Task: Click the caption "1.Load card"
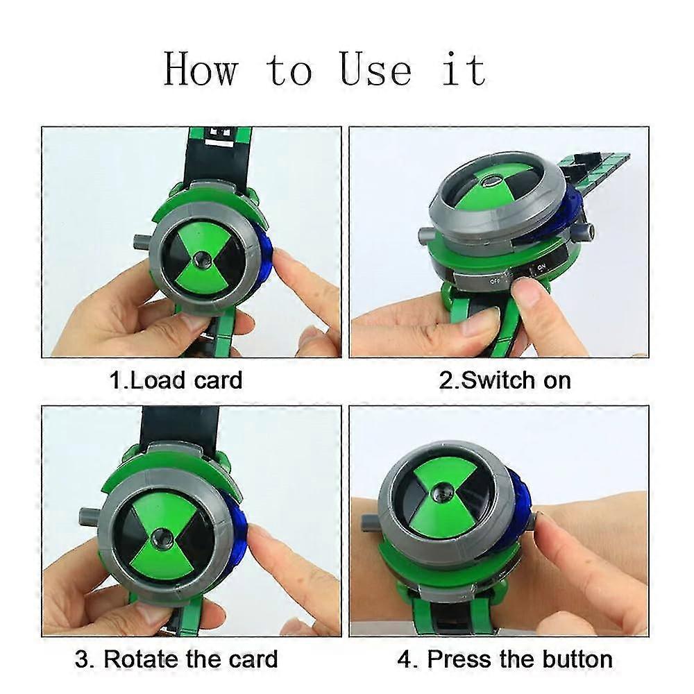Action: point(176,380)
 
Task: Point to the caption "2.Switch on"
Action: point(507,380)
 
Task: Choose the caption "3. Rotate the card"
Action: point(176,659)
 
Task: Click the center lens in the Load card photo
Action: point(202,260)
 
